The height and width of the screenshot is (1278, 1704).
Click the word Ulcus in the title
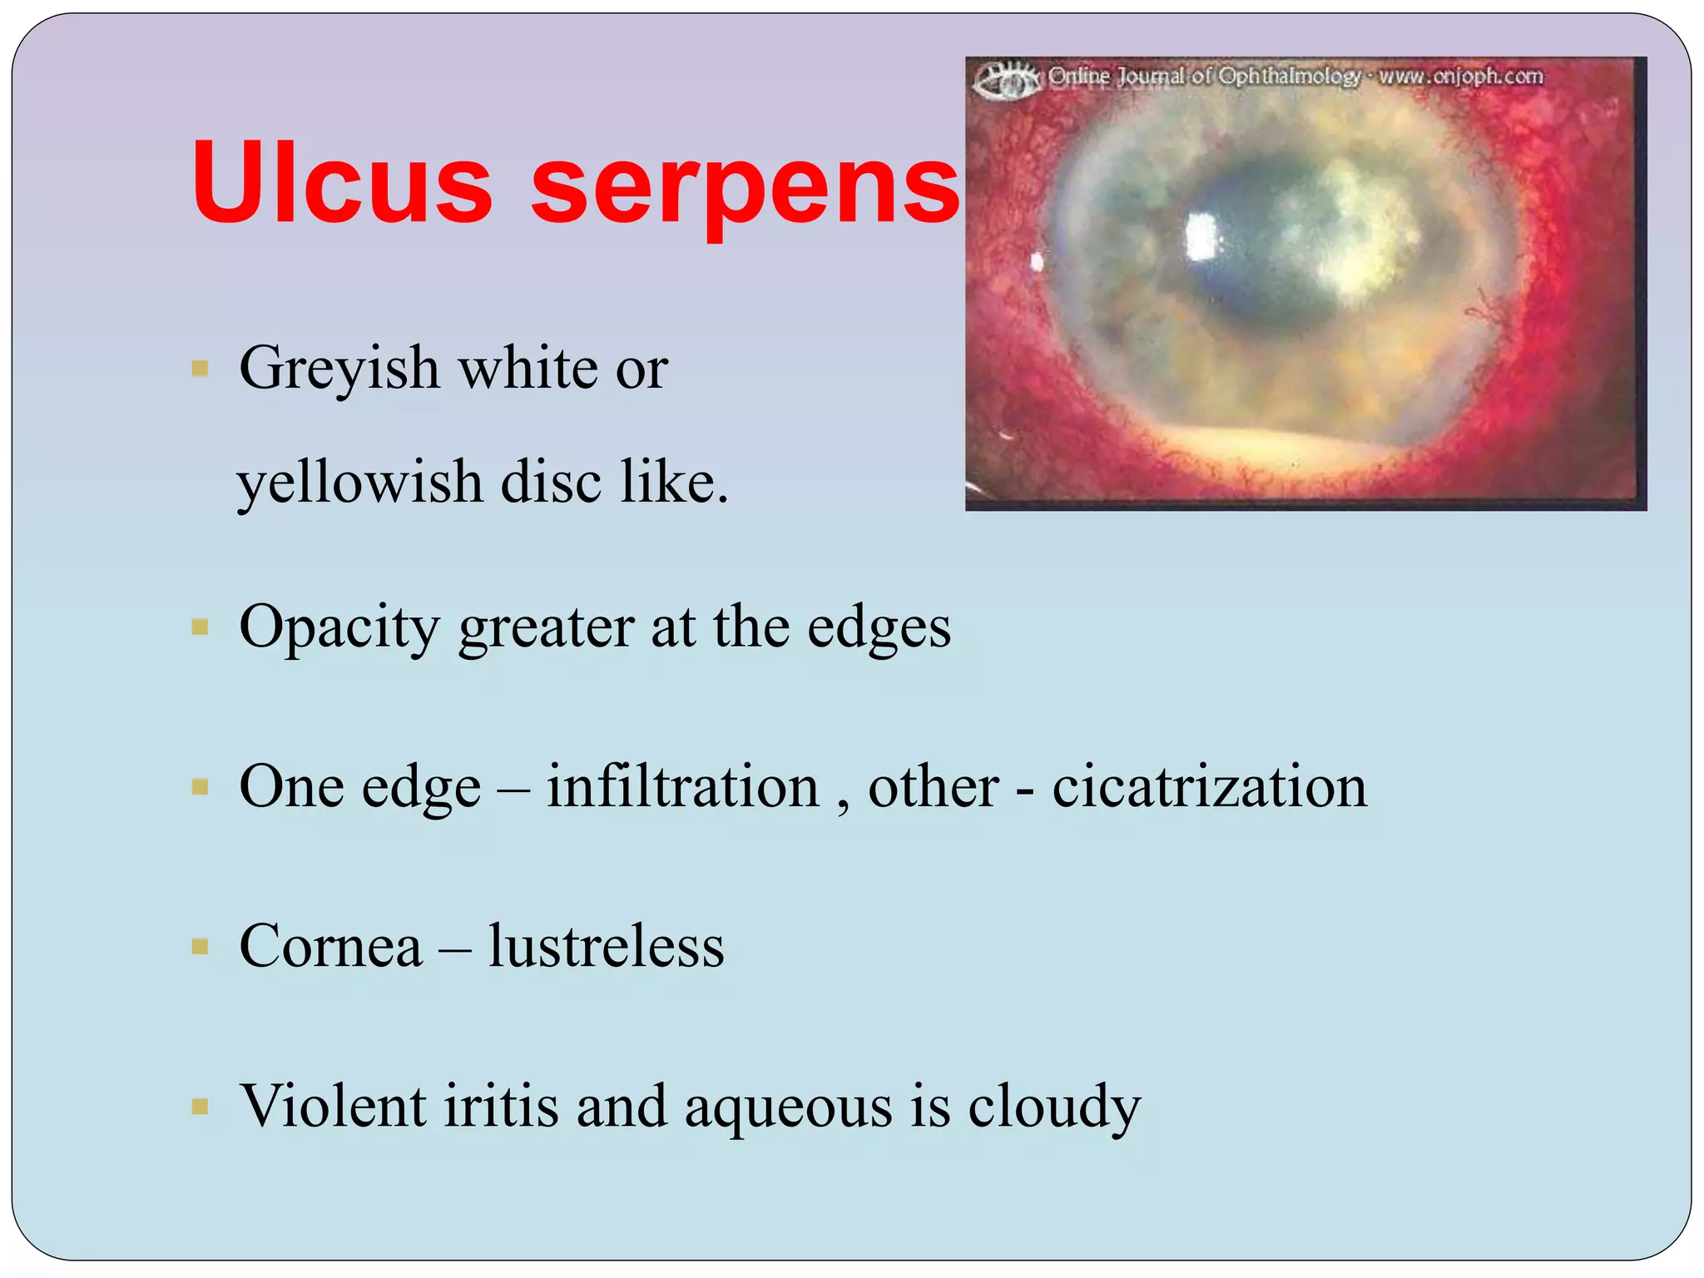pyautogui.click(x=342, y=183)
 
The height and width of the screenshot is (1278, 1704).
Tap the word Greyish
pyautogui.click(x=339, y=369)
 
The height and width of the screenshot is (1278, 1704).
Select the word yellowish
pyautogui.click(x=359, y=483)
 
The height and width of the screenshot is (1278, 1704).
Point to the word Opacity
pyautogui.click(x=339, y=628)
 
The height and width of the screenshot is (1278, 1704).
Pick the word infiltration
pyautogui.click(x=682, y=786)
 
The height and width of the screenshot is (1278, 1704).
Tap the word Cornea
pyautogui.click(x=330, y=947)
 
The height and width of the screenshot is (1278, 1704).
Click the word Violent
pyautogui.click(x=333, y=1107)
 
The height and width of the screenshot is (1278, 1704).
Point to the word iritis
pyautogui.click(x=500, y=1107)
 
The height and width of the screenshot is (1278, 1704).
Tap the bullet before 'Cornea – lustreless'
pyautogui.click(x=200, y=947)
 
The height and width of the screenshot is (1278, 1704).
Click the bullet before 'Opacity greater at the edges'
pyautogui.click(x=200, y=627)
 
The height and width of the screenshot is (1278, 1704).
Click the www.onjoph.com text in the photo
pyautogui.click(x=1460, y=77)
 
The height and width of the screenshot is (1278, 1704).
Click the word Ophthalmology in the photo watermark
pyautogui.click(x=1289, y=77)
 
